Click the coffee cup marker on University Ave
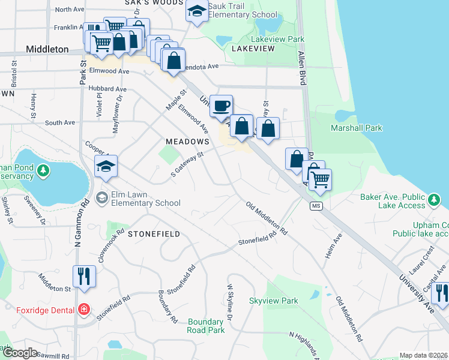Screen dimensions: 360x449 tap(221, 106)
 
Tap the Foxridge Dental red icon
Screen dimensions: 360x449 tap(85, 310)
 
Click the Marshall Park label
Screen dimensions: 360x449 tap(356, 128)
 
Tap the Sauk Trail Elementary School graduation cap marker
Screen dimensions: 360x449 tap(196, 11)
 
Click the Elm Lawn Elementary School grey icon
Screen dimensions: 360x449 tap(102, 197)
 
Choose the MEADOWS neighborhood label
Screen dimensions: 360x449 tap(187, 142)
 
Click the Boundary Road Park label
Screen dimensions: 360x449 tap(206, 326)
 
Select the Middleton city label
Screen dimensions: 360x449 tap(47, 49)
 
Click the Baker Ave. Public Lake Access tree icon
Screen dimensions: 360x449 tap(433, 198)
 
